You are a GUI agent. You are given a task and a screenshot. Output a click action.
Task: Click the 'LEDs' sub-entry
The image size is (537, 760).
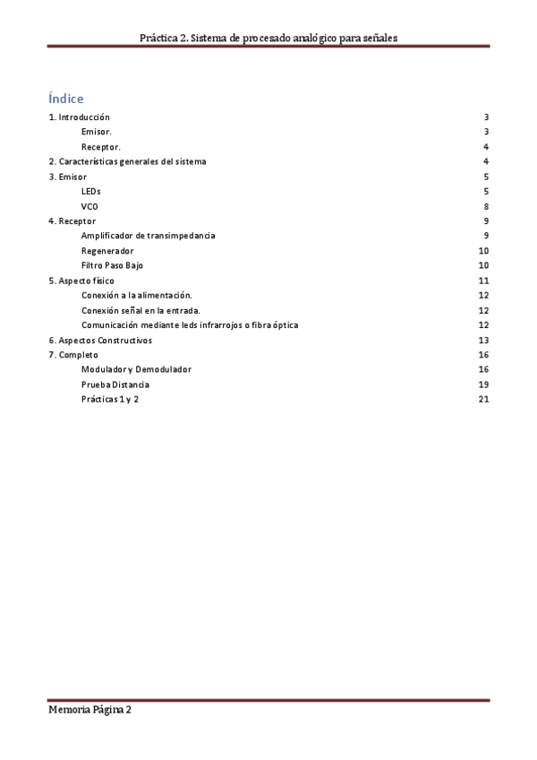[x=90, y=191]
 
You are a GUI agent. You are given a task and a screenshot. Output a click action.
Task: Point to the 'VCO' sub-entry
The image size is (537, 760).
[x=89, y=206]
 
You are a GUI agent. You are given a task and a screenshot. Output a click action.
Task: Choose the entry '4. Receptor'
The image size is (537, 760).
[x=72, y=220]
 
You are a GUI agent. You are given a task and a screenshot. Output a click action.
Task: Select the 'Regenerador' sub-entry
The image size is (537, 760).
[x=107, y=251]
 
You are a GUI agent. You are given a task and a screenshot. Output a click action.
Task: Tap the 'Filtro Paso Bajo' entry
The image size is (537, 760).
[x=112, y=265]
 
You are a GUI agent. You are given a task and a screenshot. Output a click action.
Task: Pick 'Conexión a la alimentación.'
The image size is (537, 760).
[x=136, y=295]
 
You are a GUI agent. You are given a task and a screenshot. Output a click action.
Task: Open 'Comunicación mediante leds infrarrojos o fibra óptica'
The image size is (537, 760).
[x=190, y=324]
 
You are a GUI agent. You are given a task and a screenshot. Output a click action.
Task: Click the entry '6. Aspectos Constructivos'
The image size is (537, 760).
[x=100, y=340]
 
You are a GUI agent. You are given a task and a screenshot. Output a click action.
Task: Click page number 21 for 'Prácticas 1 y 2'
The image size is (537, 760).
[x=483, y=399]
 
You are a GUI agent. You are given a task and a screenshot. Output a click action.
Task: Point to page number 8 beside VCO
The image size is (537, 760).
[x=485, y=206]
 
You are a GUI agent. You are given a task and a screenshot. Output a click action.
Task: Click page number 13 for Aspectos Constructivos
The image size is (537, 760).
[x=483, y=340]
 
